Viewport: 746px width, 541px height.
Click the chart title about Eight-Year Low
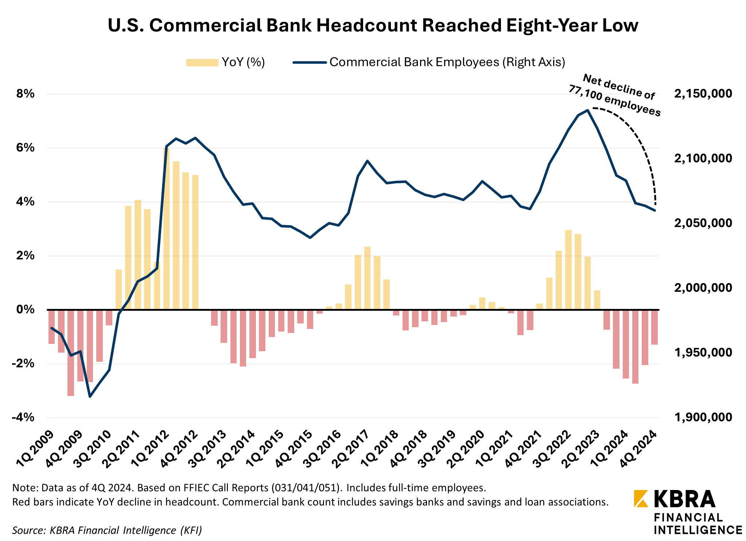click(x=373, y=26)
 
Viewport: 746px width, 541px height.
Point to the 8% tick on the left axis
click(x=25, y=94)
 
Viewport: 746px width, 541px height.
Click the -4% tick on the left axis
click(x=23, y=417)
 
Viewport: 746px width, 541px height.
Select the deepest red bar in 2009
click(x=71, y=353)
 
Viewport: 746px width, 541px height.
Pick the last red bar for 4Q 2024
click(x=654, y=327)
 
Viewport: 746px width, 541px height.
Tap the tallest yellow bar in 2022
click(x=568, y=270)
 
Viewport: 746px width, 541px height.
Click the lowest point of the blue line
click(x=90, y=396)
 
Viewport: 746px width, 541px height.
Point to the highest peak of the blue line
click(x=587, y=110)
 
